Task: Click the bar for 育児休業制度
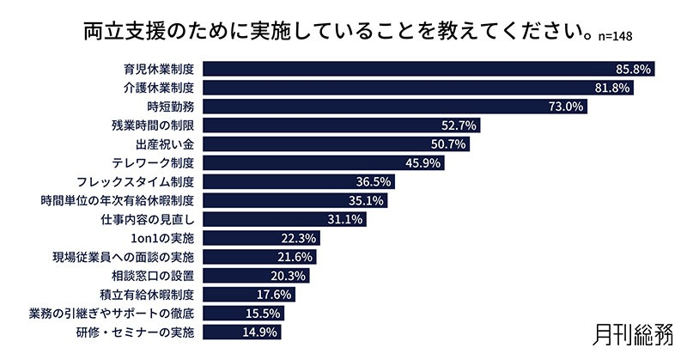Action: click(429, 68)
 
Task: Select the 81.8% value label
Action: click(635, 88)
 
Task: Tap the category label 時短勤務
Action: click(171, 107)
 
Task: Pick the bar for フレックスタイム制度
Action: click(300, 181)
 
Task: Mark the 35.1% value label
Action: click(366, 200)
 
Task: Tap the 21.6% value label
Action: click(296, 257)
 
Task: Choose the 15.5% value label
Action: click(264, 313)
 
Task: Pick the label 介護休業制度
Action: click(155, 88)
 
